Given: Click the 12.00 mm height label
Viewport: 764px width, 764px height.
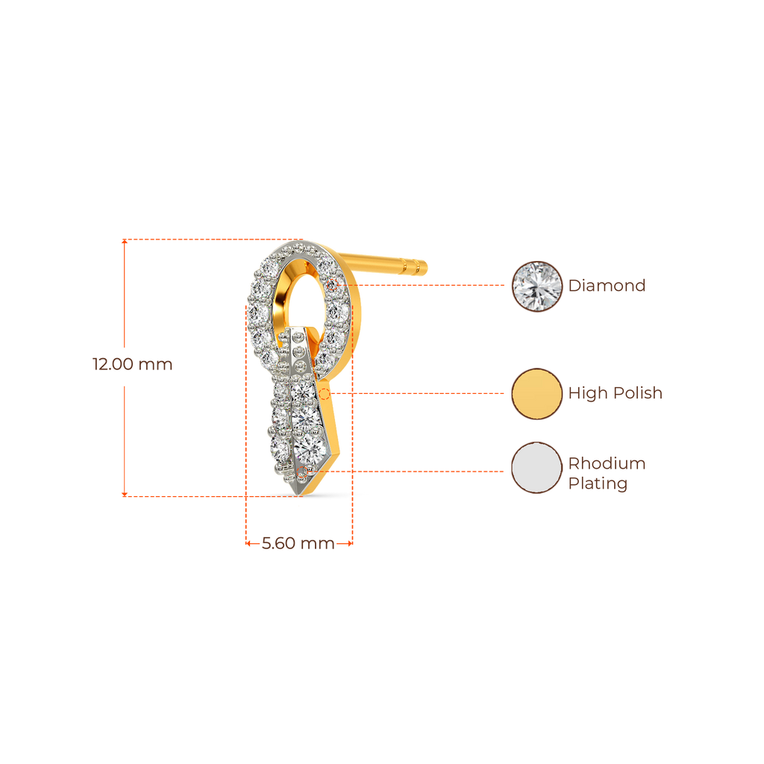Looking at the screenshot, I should click(x=132, y=365).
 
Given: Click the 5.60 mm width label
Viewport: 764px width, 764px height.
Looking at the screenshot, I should click(x=298, y=544).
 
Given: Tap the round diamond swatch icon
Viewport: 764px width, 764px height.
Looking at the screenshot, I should click(x=536, y=286).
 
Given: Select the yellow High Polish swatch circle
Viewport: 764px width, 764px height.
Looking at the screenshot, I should click(x=536, y=393).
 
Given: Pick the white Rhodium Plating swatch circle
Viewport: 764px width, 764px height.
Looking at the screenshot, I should click(x=536, y=468).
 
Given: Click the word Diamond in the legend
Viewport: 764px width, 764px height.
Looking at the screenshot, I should click(x=607, y=286).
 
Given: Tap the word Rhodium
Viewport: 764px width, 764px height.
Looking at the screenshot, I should click(x=607, y=463).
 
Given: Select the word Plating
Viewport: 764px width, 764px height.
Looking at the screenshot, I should click(x=598, y=483).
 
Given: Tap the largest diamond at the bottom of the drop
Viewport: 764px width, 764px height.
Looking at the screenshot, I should click(x=310, y=446).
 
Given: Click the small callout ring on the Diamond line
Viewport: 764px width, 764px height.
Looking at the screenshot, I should click(x=332, y=285).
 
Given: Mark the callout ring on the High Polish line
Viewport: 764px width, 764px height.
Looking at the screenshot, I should click(x=324, y=392).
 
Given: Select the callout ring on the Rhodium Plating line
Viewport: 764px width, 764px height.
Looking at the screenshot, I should click(x=302, y=472).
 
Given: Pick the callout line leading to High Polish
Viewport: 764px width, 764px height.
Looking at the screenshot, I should click(x=418, y=392).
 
